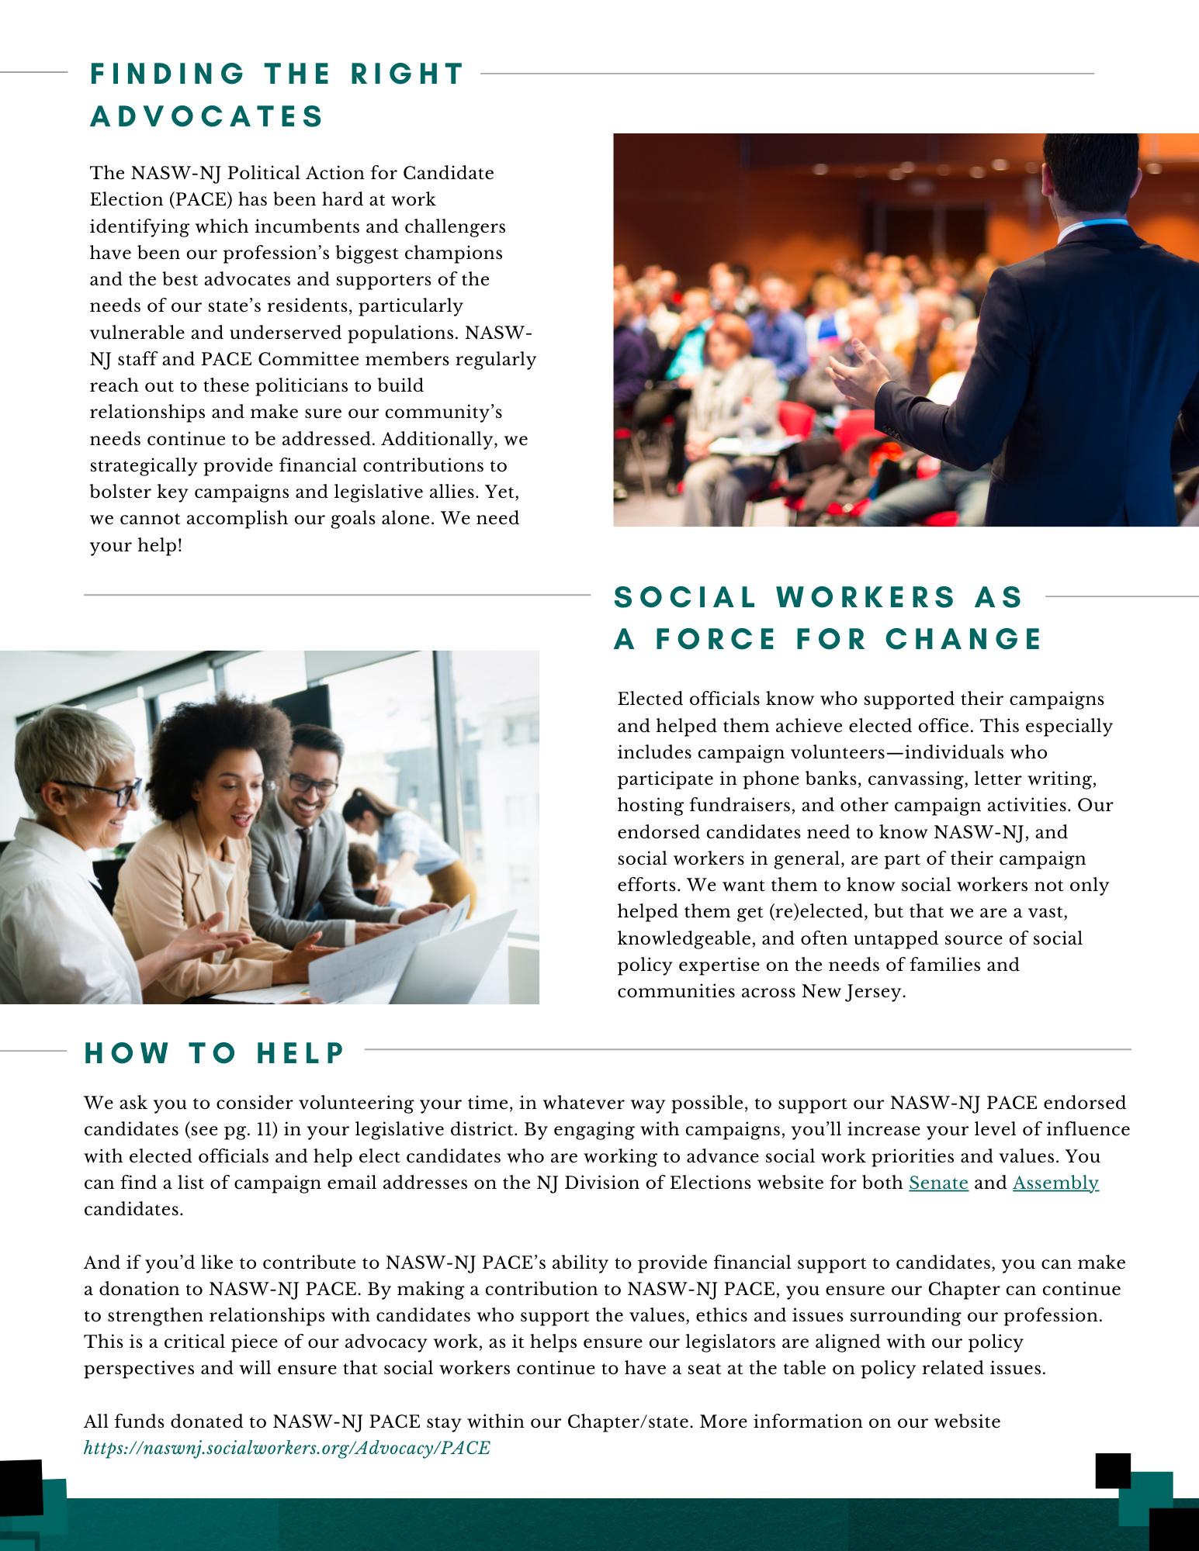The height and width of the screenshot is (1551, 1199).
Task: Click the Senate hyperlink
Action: pyautogui.click(x=938, y=1183)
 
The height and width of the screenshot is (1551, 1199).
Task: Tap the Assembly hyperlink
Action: pyautogui.click(x=1055, y=1183)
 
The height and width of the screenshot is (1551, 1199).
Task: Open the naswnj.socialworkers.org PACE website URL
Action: pyautogui.click(x=287, y=1448)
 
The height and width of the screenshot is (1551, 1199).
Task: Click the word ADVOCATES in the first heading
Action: pyautogui.click(x=207, y=116)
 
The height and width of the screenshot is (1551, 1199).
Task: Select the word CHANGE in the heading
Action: pyautogui.click(x=965, y=639)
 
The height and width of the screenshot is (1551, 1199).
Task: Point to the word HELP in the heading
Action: pyautogui.click(x=302, y=1053)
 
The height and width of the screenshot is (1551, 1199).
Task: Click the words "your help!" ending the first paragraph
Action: pyautogui.click(x=136, y=545)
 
